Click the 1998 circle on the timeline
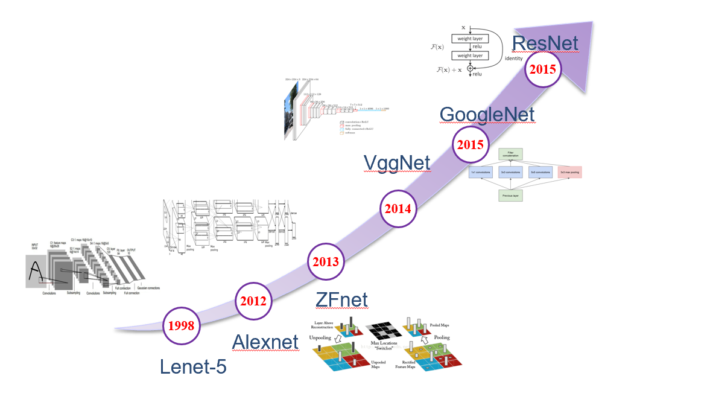pos(181,327)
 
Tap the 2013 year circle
pos(326,262)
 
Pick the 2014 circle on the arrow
pos(398,209)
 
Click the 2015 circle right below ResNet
pos(543,69)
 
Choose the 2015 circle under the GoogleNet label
pos(470,145)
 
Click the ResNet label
pos(545,43)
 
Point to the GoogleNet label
pos(487,114)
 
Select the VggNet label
pos(397,162)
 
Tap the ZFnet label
pos(341,299)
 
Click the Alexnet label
pos(265,342)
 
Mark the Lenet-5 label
pos(192,368)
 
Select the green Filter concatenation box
pos(510,155)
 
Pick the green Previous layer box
pos(510,195)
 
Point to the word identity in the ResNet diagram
pos(514,59)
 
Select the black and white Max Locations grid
pos(385,332)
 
